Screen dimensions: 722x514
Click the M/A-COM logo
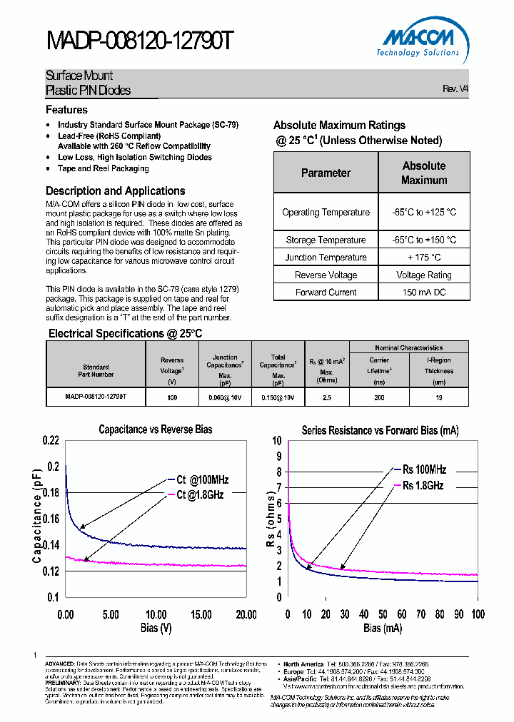point(418,40)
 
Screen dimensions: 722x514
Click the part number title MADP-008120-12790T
point(139,41)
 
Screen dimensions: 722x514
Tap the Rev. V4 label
point(455,89)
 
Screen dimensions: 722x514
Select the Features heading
point(66,110)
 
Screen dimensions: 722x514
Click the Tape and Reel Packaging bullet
point(103,168)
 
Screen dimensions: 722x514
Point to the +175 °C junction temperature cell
point(424,258)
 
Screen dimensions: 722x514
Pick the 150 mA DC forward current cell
point(424,292)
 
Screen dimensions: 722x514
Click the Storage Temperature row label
point(326,240)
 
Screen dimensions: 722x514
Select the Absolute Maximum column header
point(424,173)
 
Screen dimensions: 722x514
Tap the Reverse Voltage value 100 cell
point(172,397)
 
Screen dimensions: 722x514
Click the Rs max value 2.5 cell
point(327,397)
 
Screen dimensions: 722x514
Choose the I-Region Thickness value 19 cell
point(439,397)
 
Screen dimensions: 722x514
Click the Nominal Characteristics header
point(409,347)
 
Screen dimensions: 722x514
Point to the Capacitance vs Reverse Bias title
point(155,429)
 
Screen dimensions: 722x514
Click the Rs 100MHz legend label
point(424,469)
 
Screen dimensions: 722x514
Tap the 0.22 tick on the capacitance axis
point(50,440)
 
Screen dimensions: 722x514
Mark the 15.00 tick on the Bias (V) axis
point(201,614)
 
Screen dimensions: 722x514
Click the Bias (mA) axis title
point(382,629)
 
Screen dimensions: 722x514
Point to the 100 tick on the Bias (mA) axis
point(478,614)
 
